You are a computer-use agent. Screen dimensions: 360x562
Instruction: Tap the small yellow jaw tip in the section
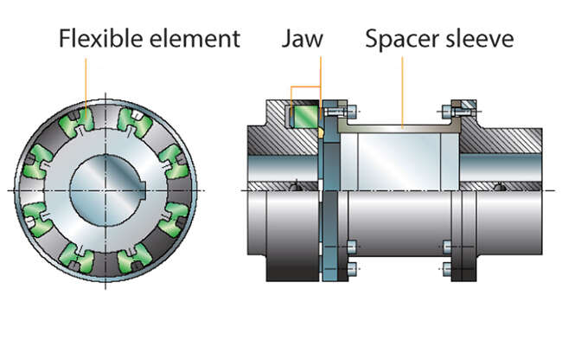(321, 132)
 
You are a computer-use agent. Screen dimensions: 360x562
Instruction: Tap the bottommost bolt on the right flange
(446, 268)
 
